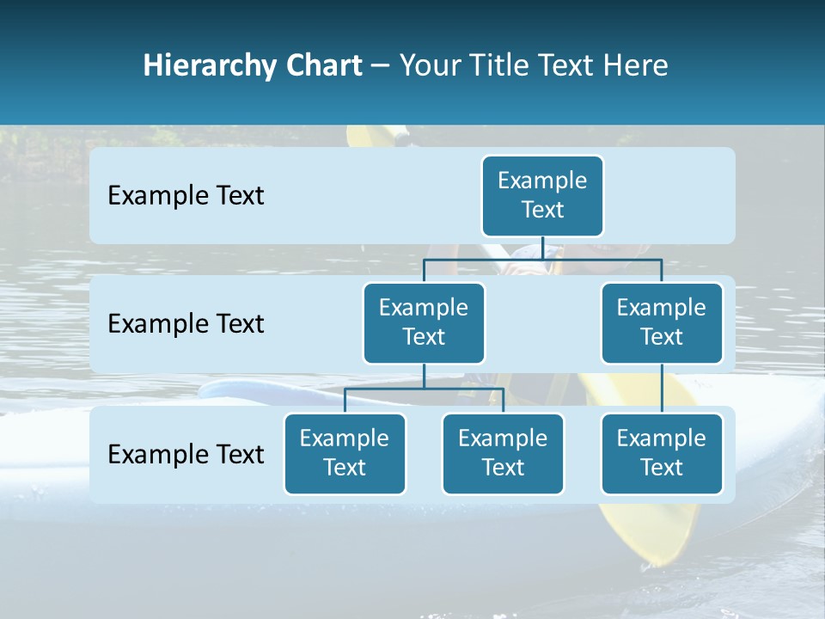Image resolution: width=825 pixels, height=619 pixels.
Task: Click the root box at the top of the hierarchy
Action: click(542, 196)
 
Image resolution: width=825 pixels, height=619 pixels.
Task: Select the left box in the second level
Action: click(424, 323)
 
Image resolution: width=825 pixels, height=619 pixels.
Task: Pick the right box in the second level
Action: click(662, 323)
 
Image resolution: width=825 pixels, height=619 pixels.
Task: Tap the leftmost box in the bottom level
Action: click(345, 454)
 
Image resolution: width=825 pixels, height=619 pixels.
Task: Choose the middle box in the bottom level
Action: click(503, 454)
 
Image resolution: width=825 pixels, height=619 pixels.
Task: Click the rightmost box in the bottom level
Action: click(662, 454)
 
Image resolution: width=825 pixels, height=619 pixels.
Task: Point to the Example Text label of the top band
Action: click(186, 196)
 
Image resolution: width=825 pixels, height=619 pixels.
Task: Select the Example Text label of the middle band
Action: click(186, 324)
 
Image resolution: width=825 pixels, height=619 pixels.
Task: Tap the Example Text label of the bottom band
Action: click(186, 455)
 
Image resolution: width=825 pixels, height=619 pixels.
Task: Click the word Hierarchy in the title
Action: click(211, 66)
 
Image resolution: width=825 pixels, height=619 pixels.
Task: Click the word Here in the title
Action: click(636, 65)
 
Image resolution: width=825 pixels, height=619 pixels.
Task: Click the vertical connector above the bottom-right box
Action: click(662, 389)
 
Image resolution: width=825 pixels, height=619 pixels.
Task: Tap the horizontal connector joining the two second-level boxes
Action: click(542, 259)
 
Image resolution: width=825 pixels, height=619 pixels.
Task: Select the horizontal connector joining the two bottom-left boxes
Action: click(424, 389)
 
